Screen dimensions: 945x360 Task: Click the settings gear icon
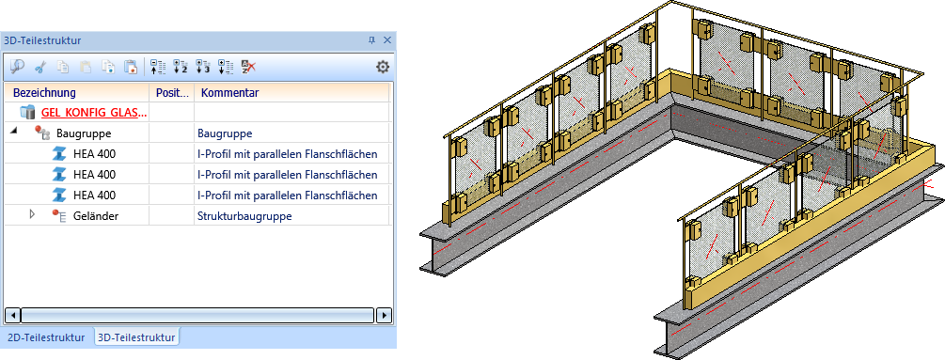tap(382, 67)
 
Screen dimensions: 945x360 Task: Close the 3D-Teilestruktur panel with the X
tap(386, 40)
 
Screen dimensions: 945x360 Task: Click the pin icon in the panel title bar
tap(371, 40)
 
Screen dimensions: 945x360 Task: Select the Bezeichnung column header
tap(44, 93)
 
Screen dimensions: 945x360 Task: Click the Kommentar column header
tap(230, 93)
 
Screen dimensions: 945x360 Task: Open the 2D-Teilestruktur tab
tap(46, 337)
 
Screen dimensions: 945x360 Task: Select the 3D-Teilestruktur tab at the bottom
tap(136, 337)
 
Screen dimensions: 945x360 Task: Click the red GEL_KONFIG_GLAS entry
tap(95, 113)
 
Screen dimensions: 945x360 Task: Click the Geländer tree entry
tap(96, 215)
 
